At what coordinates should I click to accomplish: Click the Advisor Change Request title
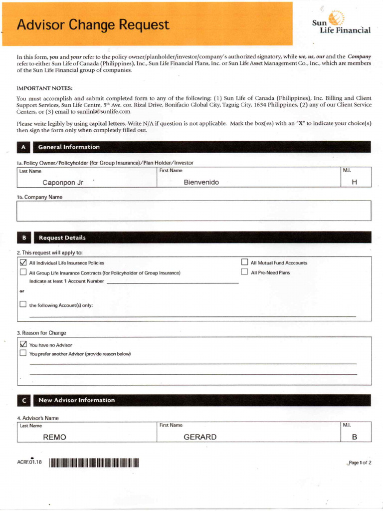click(93, 24)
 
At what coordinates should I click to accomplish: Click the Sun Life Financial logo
click(341, 23)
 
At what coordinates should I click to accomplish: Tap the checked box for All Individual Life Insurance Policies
click(23, 262)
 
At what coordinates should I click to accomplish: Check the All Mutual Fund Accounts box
click(244, 262)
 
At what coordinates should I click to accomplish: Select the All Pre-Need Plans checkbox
click(244, 272)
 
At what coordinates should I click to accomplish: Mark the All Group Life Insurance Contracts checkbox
click(23, 272)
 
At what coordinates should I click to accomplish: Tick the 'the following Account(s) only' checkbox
click(23, 304)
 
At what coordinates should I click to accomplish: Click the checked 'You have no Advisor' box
click(23, 344)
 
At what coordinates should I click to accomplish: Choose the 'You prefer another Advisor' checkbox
click(23, 353)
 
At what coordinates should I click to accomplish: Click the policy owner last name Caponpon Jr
click(63, 183)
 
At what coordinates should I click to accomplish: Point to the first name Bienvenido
click(201, 183)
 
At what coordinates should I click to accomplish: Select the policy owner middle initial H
click(355, 183)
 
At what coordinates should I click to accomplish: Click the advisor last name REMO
click(55, 437)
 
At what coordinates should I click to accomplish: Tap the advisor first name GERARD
click(200, 437)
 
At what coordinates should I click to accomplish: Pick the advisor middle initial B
click(355, 437)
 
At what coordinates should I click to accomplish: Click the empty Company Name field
click(194, 211)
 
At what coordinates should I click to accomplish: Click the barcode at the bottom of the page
click(94, 463)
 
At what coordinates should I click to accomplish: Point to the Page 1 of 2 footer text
click(360, 463)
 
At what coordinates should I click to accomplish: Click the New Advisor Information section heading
click(76, 400)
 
